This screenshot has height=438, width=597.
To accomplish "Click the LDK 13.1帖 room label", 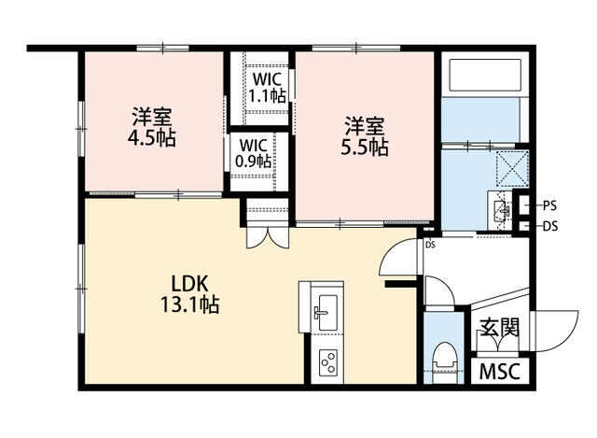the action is point(189,294).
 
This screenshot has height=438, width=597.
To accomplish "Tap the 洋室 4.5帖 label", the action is point(151,128).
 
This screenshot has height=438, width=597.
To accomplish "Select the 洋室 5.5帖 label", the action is point(365,136).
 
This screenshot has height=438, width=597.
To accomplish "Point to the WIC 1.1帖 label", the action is point(268,88).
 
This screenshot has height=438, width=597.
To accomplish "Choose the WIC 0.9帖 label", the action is point(254,153).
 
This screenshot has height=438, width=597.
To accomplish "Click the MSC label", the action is point(500,372).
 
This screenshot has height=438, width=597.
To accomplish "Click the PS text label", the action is point(549,205).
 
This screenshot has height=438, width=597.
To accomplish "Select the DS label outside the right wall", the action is point(550,226).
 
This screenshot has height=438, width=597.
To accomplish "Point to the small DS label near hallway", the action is point(430,245).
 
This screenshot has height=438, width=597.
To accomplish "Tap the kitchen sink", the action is point(327,312).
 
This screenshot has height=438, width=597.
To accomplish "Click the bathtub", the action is point(485,75).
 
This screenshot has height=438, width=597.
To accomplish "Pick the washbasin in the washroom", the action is point(502,209).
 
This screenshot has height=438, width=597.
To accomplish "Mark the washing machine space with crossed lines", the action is point(512,168).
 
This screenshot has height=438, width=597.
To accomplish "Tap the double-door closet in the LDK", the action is point(268,237).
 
